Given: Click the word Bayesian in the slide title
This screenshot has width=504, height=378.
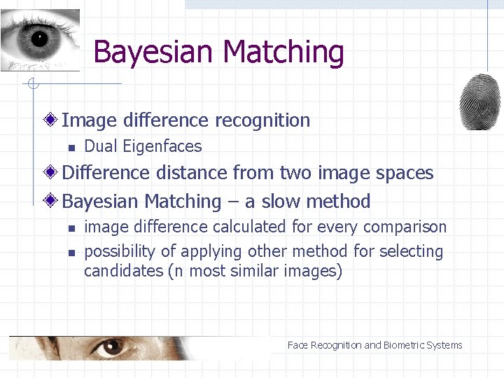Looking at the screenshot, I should point(153,52).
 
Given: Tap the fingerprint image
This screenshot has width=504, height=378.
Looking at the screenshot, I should point(479,101).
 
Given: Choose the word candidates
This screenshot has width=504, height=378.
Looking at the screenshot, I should point(123,271).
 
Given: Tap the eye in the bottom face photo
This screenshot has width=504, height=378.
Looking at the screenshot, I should point(108,346).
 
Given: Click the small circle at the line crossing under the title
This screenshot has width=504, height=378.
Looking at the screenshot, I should point(31,85).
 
